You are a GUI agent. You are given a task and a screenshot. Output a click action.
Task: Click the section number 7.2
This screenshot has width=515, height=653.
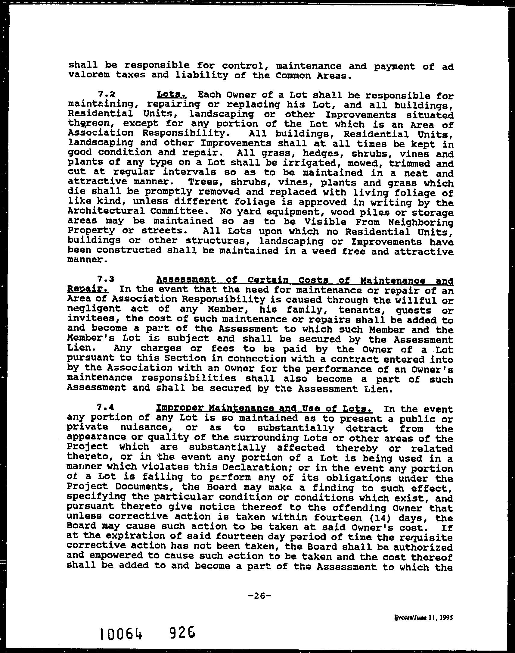(x=106, y=94)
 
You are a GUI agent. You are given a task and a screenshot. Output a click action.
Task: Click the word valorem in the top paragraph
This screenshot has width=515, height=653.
(x=88, y=75)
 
